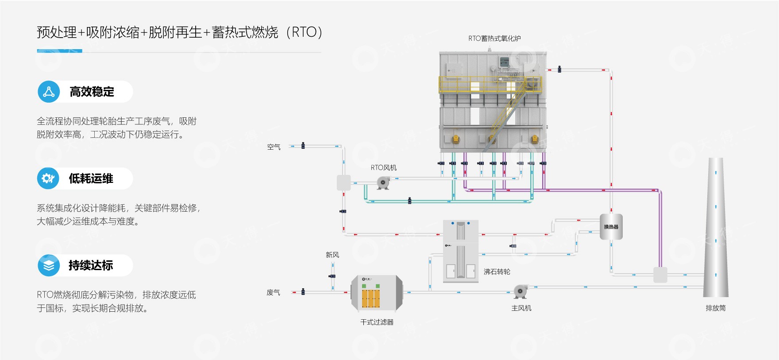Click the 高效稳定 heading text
tap(92, 92)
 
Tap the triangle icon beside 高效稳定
tap(49, 92)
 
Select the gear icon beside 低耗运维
tap(48, 178)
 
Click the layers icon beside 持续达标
tap(49, 265)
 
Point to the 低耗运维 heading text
tap(91, 178)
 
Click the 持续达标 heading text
tap(91, 265)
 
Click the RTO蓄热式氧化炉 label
tap(494, 39)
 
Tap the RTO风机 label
tap(383, 167)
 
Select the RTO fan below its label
tap(383, 182)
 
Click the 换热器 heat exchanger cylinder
tap(611, 227)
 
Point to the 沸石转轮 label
tap(497, 271)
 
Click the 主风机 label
tap(521, 308)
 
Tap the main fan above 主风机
tap(520, 291)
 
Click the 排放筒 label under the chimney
tap(715, 308)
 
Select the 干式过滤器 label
tap(377, 322)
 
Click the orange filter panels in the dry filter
tap(371, 298)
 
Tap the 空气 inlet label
tap(274, 147)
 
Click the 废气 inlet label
tap(273, 292)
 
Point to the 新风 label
tap(332, 255)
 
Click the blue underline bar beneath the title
tap(59, 51)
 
